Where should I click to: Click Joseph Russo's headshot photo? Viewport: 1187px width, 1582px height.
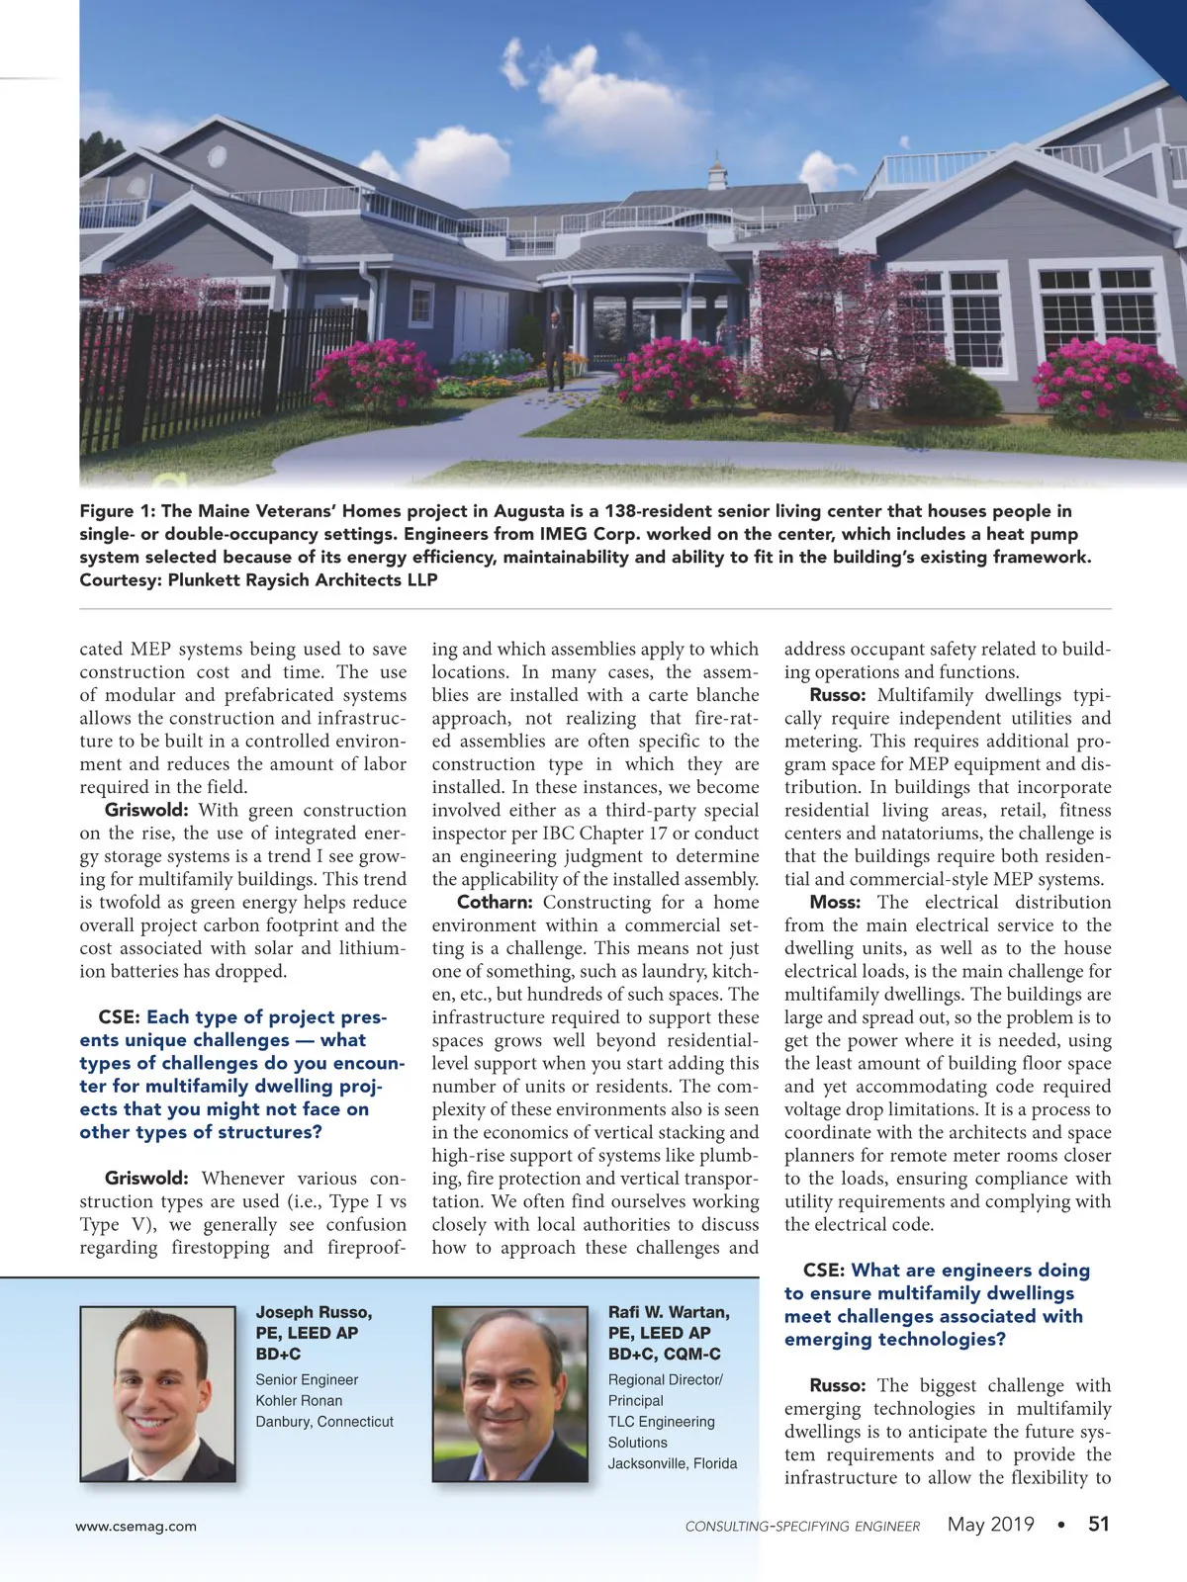158,1394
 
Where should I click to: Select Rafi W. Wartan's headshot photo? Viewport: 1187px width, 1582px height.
510,1394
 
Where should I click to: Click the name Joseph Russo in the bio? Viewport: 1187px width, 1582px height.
314,1312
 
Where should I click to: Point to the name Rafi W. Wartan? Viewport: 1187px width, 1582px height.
669,1312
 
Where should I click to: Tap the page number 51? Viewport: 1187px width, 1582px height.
1099,1524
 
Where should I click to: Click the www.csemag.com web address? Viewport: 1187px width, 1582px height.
137,1526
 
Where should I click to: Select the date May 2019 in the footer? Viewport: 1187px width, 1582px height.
990,1524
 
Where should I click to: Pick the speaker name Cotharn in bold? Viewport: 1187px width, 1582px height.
495,902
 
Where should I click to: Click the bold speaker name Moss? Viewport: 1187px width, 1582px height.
834,902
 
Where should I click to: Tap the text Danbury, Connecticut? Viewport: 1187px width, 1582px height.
324,1422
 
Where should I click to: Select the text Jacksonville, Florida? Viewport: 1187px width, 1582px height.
673,1463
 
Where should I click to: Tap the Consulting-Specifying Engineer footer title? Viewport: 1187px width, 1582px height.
802,1526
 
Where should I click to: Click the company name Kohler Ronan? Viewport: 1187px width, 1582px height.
299,1401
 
